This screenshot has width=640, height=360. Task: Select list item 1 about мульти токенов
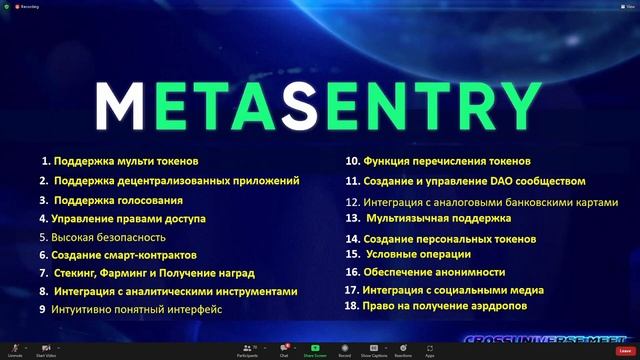tap(120, 161)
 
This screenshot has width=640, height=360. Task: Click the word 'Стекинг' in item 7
tap(76, 273)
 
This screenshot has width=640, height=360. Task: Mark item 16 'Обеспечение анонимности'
tap(425, 272)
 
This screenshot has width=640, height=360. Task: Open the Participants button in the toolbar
tap(247, 349)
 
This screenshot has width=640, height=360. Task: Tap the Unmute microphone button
tap(15, 349)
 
